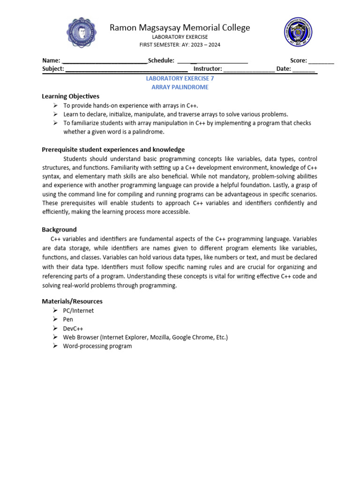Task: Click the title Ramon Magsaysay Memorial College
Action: pyautogui.click(x=180, y=28)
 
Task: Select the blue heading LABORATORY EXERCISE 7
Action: pyautogui.click(x=180, y=79)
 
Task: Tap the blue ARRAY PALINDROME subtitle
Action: pyautogui.click(x=180, y=87)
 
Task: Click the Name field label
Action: pyautogui.click(x=51, y=60)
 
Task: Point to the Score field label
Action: pyautogui.click(x=299, y=60)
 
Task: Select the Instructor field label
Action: pyautogui.click(x=208, y=69)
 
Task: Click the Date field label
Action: pyautogui.click(x=284, y=69)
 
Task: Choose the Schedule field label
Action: pyautogui.click(x=161, y=60)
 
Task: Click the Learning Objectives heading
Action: pyautogui.click(x=71, y=96)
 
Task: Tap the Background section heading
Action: pyautogui.click(x=59, y=230)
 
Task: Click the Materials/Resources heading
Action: pyautogui.click(x=72, y=301)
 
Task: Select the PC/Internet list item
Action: pyautogui.click(x=78, y=310)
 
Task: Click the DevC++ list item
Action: pyautogui.click(x=74, y=328)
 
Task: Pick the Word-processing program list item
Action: pyautogui.click(x=97, y=346)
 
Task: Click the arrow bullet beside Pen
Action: pyautogui.click(x=55, y=319)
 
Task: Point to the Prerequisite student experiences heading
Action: pyautogui.click(x=113, y=150)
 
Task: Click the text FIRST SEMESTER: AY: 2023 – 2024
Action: pyautogui.click(x=180, y=45)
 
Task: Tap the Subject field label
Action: pyautogui.click(x=53, y=69)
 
